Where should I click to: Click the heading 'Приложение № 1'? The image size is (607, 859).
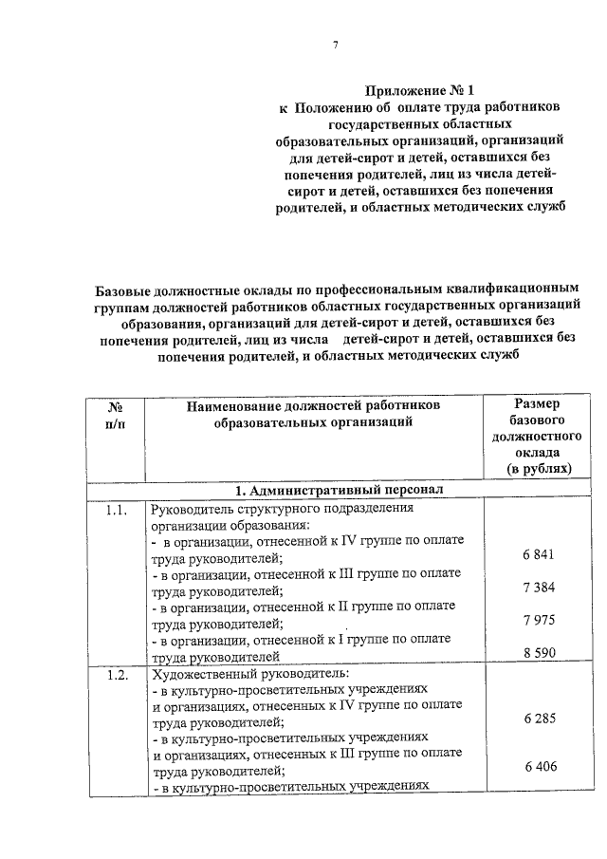coord(422,90)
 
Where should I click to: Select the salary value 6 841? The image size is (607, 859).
coord(538,554)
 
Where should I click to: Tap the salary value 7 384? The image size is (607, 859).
coord(538,588)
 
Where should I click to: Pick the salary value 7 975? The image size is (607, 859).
coord(538,620)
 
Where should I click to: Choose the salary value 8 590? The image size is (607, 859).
coord(538,653)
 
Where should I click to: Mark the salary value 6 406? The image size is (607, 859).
coord(538,767)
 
